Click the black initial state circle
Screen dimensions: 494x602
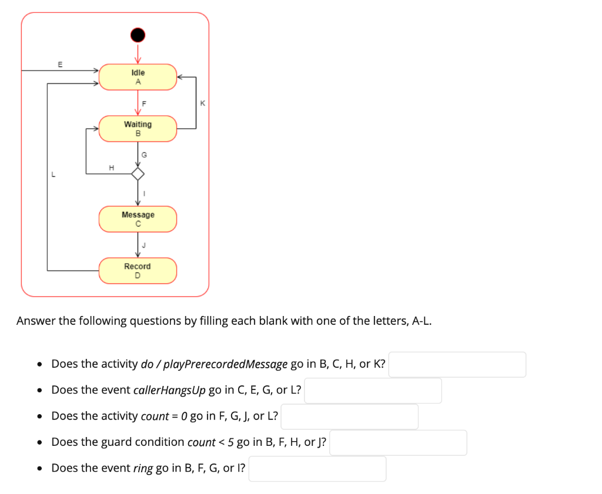point(138,35)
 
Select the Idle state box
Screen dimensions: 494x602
point(138,77)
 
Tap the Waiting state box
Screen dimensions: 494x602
point(138,129)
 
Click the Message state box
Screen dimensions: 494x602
point(138,219)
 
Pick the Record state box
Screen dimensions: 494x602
point(138,271)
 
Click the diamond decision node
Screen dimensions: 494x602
point(138,174)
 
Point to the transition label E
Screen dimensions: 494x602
point(59,63)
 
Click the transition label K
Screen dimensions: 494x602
point(202,103)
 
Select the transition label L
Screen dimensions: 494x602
point(53,174)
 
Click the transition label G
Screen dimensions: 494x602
point(145,154)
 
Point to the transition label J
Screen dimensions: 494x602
point(143,246)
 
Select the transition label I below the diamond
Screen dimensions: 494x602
point(144,194)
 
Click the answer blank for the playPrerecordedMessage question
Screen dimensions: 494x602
point(457,364)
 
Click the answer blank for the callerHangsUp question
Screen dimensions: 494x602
point(372,391)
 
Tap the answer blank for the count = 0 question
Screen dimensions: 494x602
point(349,416)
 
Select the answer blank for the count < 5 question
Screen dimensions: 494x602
point(398,442)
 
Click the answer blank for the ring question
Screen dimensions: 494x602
point(317,469)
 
